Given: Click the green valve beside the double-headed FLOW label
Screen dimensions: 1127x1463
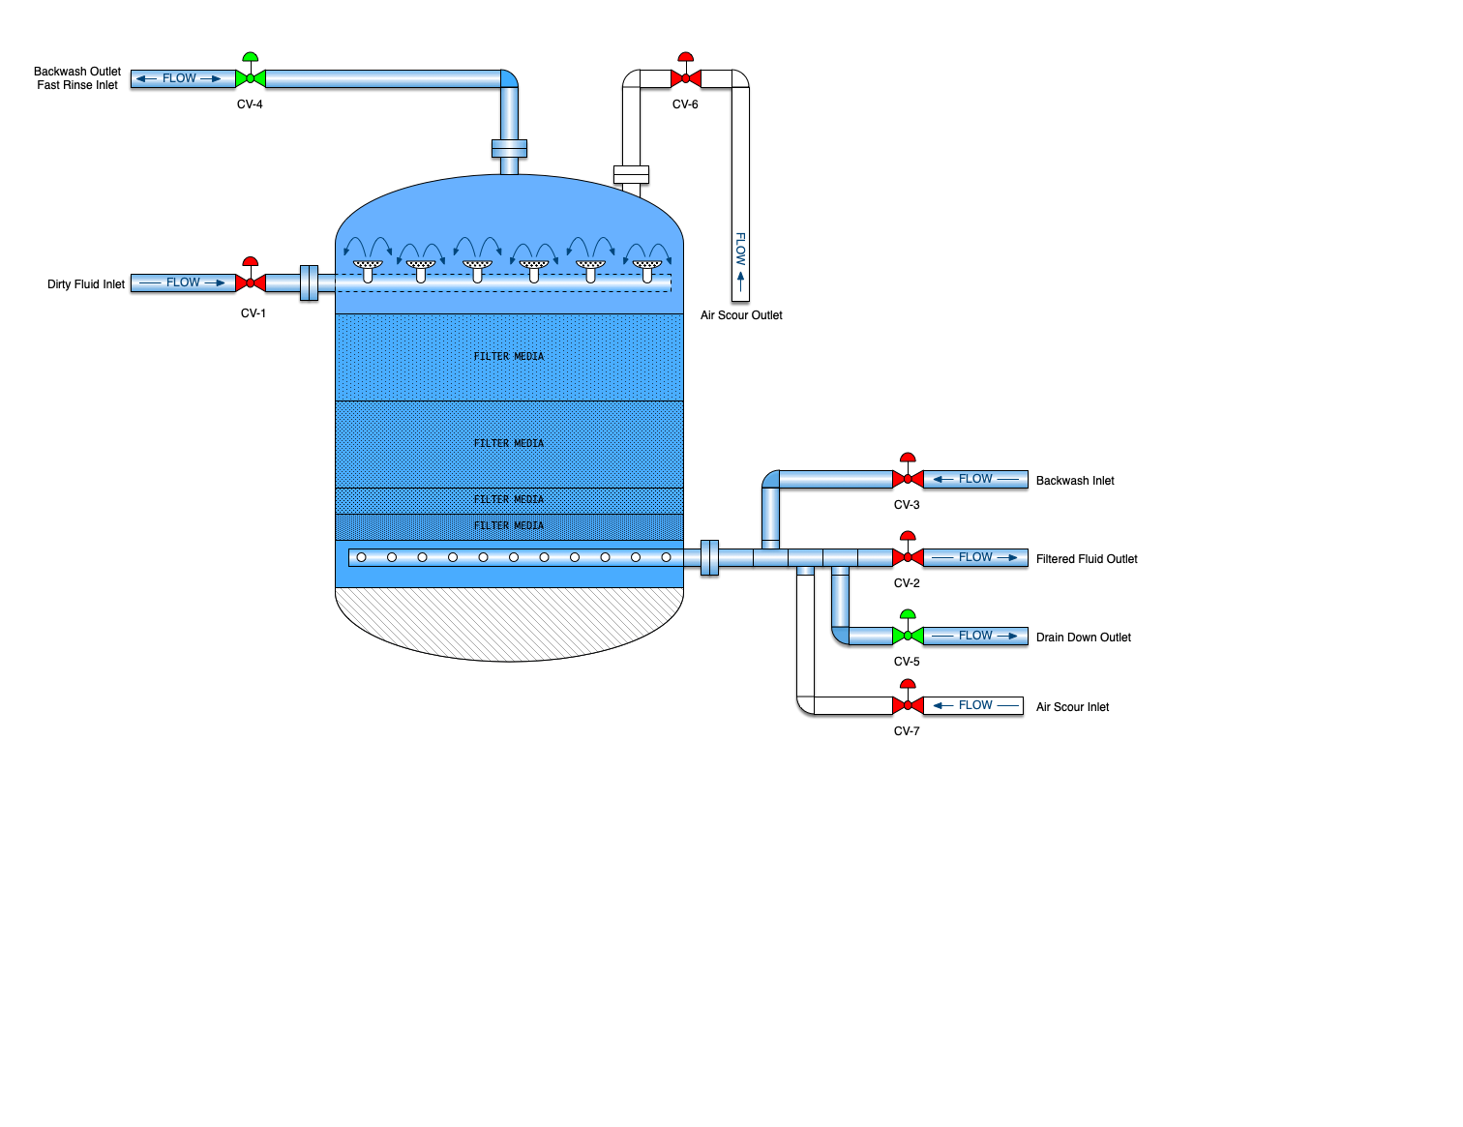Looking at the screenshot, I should pos(251,78).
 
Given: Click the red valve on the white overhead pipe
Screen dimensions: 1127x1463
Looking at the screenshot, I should pos(686,78).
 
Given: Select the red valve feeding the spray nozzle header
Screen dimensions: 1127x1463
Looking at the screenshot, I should pos(251,282).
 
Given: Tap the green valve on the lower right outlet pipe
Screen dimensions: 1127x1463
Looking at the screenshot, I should pos(908,636).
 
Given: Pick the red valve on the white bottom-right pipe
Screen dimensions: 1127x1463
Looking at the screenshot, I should pos(908,705).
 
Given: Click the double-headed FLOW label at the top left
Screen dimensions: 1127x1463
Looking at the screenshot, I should pos(179,78).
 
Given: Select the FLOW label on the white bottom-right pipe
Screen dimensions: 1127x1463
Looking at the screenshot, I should pos(975,705).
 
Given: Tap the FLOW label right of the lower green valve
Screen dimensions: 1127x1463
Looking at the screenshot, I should pos(975,636).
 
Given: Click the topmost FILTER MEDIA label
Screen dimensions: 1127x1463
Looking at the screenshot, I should pos(509,357).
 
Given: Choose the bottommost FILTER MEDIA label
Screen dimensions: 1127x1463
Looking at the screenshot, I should pos(509,526).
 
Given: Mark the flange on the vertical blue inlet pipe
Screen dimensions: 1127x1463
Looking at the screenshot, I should pos(509,148).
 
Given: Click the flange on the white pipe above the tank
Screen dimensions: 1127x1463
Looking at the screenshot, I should pos(631,174).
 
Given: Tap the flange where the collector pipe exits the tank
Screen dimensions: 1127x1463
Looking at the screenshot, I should pos(709,557).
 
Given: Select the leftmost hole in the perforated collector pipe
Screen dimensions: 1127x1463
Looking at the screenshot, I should pos(362,557).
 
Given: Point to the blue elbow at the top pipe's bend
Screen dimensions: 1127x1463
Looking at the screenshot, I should pos(509,78).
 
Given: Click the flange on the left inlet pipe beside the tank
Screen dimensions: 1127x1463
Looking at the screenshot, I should pos(309,282).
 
